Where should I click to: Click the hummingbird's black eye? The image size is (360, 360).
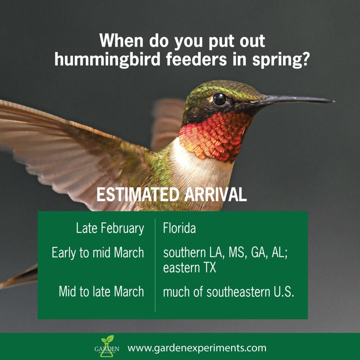pos(219,99)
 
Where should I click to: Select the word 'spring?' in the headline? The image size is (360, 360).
pos(280,60)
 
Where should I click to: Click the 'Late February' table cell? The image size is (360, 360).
pos(110,229)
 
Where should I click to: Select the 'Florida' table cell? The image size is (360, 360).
pos(179,228)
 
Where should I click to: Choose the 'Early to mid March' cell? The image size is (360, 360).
pos(98,253)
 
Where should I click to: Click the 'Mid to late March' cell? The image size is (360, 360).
pos(101,291)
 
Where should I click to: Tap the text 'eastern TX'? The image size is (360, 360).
pos(189,268)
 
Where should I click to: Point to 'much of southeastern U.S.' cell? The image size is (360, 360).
pos(229,292)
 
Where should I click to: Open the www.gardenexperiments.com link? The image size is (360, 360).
pos(197,348)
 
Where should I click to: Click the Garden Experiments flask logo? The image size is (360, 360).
pos(107,346)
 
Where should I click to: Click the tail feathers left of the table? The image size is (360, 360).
pos(20,277)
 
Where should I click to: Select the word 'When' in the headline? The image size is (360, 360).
pos(121,41)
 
